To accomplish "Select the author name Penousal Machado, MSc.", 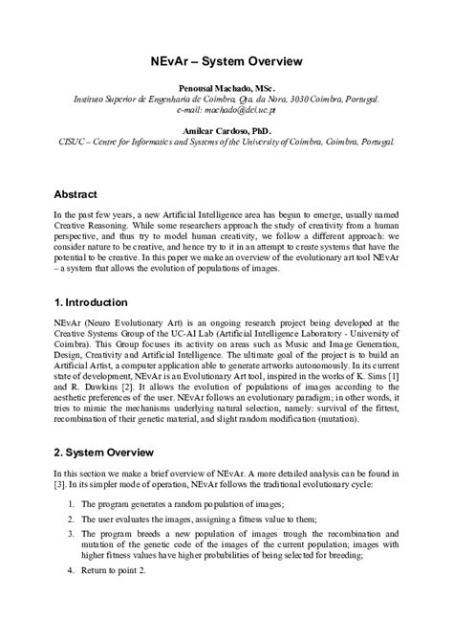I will tap(226, 87).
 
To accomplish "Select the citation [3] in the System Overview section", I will tap(61, 482).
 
